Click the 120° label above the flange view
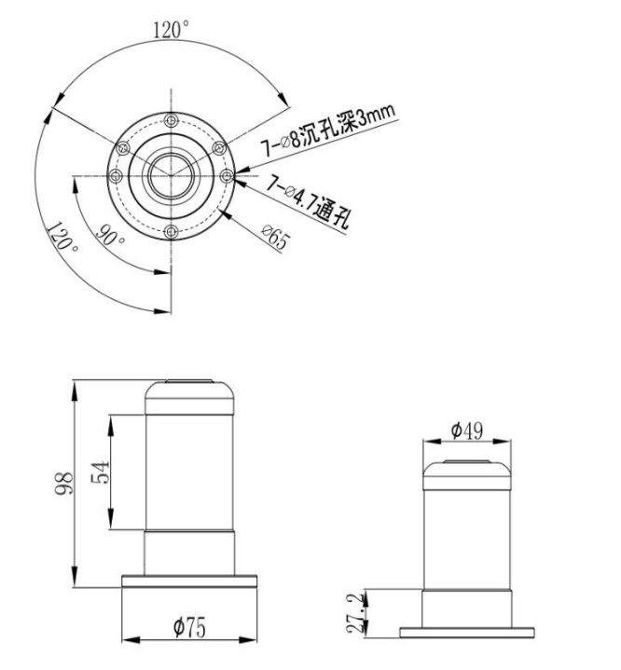tap(171, 30)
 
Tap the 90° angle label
tap(110, 236)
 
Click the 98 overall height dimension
tap(63, 484)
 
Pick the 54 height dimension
tap(101, 472)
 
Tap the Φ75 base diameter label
tap(189, 627)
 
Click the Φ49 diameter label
tap(467, 431)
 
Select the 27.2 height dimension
tap(356, 612)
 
